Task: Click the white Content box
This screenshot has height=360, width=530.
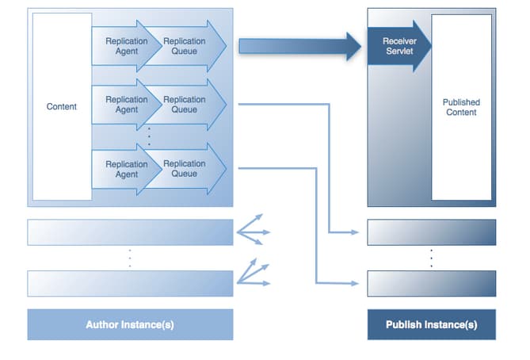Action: (61, 106)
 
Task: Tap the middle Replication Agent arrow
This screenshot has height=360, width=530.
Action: (125, 105)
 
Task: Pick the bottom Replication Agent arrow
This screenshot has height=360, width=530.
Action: (125, 169)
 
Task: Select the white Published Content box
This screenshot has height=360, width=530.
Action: (461, 107)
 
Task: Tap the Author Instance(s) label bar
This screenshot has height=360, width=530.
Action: (130, 325)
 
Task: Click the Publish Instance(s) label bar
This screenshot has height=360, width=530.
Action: (431, 325)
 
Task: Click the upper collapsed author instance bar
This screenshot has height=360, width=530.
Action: (130, 232)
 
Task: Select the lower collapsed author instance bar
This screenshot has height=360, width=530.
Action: (130, 283)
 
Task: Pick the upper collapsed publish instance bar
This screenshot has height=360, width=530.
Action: (431, 232)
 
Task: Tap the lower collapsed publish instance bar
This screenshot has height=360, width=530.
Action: (431, 283)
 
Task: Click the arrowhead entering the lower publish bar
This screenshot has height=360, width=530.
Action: (359, 282)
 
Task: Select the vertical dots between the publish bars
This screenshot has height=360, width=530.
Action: (431, 258)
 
